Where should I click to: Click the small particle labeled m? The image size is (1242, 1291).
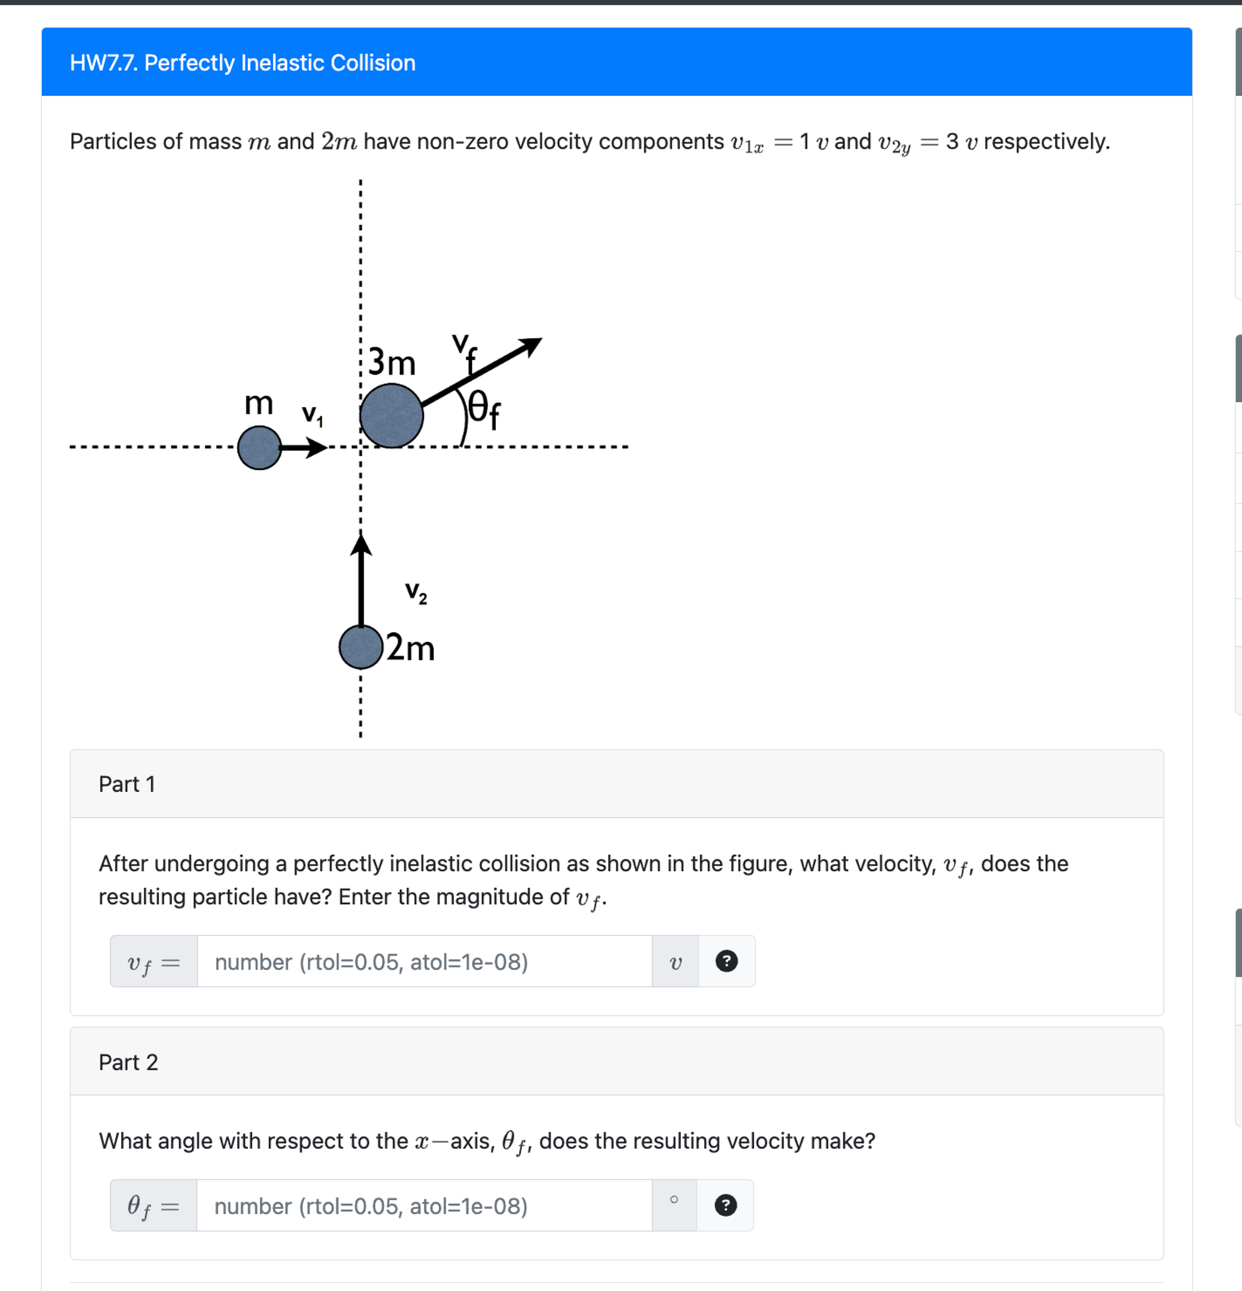tap(259, 448)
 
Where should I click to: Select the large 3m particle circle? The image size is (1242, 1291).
tap(391, 416)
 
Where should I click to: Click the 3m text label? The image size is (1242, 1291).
tap(391, 362)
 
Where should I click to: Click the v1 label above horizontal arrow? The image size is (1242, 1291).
tap(312, 415)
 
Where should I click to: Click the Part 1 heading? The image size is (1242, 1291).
tap(127, 784)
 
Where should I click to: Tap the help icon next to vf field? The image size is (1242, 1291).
tap(726, 961)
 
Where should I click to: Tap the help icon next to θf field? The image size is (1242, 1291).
tap(725, 1206)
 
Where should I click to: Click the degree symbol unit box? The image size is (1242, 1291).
tap(674, 1206)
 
